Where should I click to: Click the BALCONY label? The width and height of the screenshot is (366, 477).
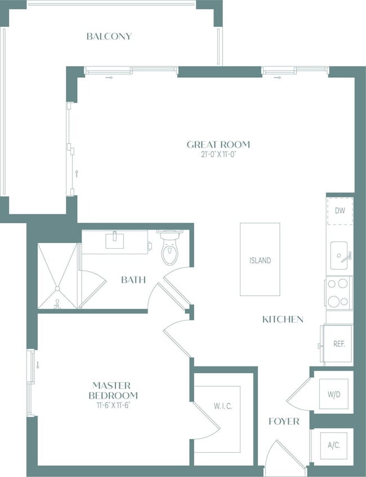click(x=109, y=37)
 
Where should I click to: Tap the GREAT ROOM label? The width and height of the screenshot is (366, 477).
click(x=218, y=144)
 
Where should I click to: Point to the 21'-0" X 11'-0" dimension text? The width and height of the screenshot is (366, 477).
click(x=218, y=154)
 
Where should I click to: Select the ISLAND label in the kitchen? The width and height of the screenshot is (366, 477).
click(x=260, y=260)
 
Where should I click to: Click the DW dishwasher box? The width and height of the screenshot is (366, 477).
click(x=340, y=211)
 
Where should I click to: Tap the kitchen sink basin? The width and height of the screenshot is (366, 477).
click(x=339, y=255)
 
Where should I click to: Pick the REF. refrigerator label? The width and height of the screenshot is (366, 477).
click(x=339, y=344)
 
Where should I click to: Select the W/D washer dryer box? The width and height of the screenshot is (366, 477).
click(x=334, y=394)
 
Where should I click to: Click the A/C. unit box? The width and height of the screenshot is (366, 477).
click(x=334, y=445)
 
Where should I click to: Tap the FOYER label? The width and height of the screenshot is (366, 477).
click(x=284, y=422)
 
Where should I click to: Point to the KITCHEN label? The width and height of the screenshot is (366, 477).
click(x=283, y=320)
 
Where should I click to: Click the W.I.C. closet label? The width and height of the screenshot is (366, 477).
click(x=222, y=406)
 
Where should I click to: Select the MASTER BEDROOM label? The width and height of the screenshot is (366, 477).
click(x=113, y=391)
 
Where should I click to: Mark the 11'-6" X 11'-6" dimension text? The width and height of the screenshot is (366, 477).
click(x=113, y=405)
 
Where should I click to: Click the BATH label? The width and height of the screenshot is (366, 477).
click(x=133, y=280)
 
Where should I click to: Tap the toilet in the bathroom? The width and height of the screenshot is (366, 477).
click(x=170, y=247)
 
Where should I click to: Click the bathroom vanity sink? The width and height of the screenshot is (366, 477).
click(x=115, y=240)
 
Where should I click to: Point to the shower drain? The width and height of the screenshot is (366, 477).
click(x=57, y=288)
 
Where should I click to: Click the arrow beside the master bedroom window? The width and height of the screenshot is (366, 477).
click(x=38, y=365)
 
